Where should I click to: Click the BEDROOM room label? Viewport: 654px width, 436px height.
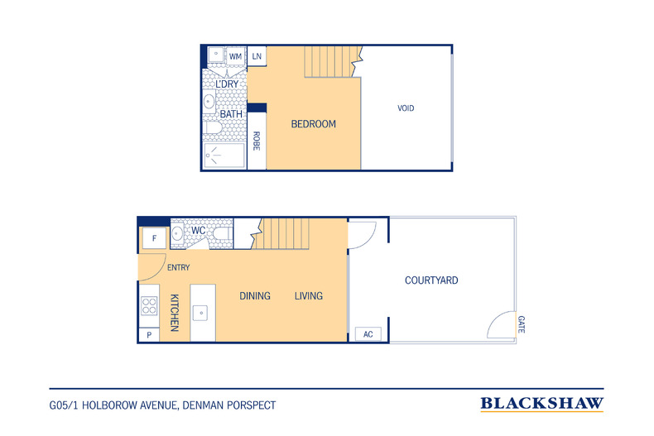coord(313,124)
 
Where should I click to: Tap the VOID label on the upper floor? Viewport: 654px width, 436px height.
coord(406,108)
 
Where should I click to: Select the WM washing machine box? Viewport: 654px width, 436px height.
coord(235,56)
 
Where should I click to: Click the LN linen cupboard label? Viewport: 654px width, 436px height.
coord(257,56)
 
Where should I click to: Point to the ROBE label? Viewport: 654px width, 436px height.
coord(257,141)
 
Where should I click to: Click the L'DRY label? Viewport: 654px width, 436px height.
coord(227,84)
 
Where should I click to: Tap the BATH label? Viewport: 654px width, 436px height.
coord(231,114)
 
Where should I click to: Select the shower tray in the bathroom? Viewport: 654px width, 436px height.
coord(224,156)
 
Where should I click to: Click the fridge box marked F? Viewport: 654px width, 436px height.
coord(154,238)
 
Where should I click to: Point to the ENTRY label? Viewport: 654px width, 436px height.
coord(179,267)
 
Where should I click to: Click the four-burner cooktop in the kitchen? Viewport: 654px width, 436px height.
coord(149,305)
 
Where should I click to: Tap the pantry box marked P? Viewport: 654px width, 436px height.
coord(149,335)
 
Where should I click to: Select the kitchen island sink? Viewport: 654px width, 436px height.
coord(200,313)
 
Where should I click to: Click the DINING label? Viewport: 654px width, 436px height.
coord(255,296)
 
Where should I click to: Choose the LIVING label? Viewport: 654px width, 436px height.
coord(309,296)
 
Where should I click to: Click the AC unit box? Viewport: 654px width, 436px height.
coord(368,334)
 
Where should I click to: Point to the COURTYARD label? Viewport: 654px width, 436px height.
coord(431,280)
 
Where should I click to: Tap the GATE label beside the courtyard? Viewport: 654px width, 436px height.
coord(522,324)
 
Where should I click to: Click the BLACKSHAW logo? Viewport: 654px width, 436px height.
coord(541,404)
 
